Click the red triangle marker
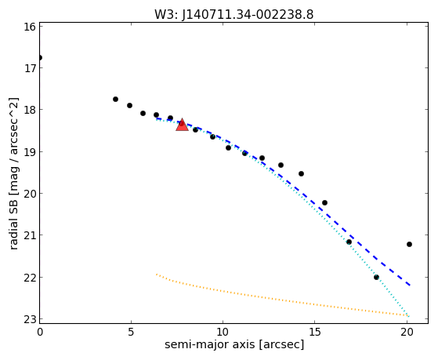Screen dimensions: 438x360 (182, 125)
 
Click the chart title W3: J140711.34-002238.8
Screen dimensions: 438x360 (234, 14)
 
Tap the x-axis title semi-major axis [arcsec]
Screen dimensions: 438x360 (234, 344)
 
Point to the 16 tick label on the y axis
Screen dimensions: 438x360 (30, 27)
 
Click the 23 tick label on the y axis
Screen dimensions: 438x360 (30, 319)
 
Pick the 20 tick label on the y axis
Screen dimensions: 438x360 (30, 193)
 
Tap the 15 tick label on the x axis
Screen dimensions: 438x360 (314, 332)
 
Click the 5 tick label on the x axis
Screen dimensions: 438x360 (131, 332)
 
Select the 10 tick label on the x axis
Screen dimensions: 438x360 (223, 332)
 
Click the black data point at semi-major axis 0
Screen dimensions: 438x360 (40, 57)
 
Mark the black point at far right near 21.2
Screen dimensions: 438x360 (409, 244)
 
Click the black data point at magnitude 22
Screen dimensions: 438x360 (376, 277)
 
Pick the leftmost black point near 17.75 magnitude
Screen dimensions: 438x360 (115, 99)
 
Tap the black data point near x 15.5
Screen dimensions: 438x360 (324, 202)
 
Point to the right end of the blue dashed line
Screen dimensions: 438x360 (410, 285)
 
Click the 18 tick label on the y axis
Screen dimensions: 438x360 (30, 109)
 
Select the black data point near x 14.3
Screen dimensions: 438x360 (301, 173)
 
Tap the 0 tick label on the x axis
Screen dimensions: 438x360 (40, 332)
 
